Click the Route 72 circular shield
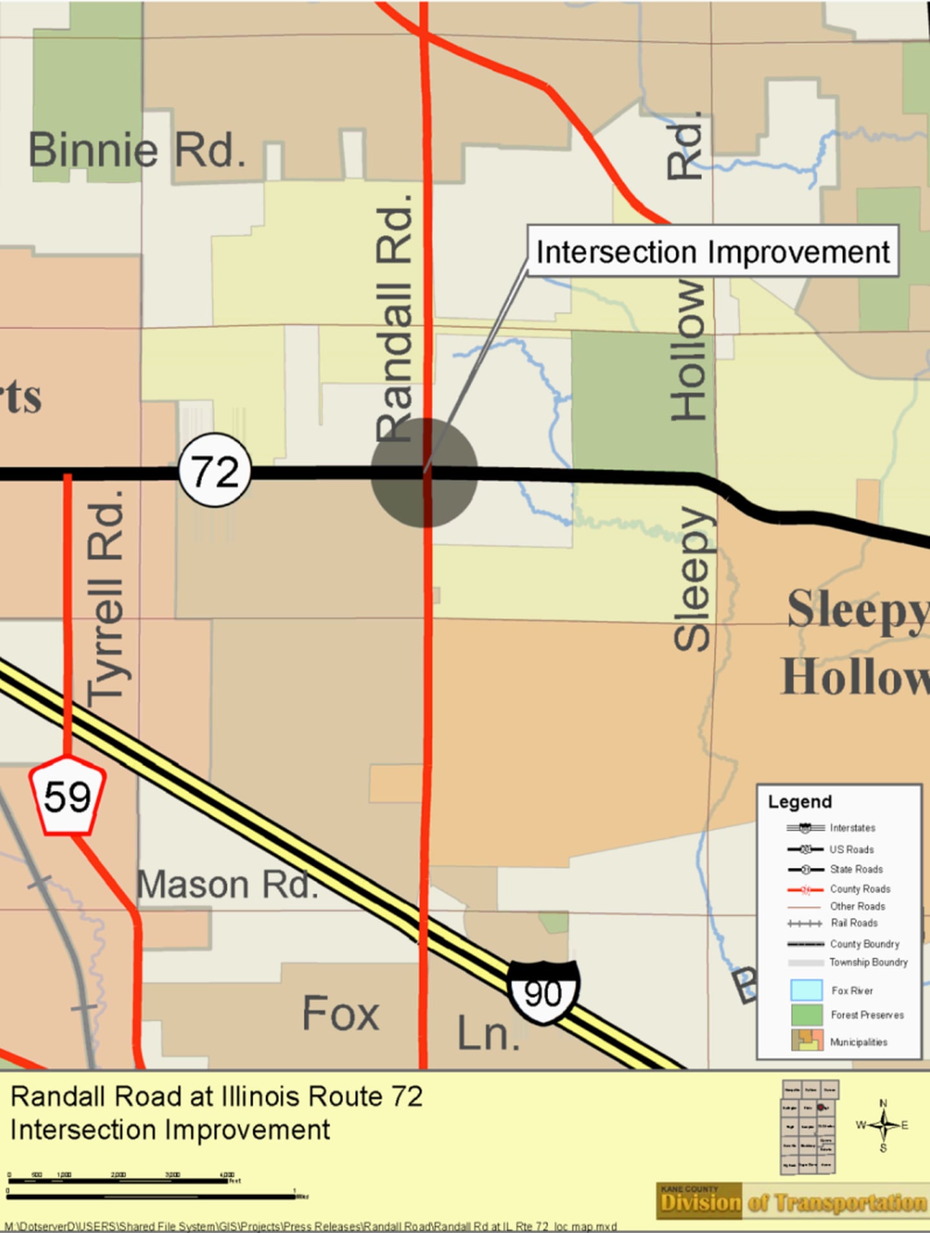tap(214, 470)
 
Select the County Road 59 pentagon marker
tap(67, 796)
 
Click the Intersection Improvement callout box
tap(713, 251)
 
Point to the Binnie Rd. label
tap(137, 150)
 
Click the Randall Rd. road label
tap(394, 318)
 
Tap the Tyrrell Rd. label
tap(105, 597)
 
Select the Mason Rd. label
tap(227, 884)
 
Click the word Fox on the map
tap(340, 1013)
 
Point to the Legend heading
tap(800, 802)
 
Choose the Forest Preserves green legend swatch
tap(807, 1015)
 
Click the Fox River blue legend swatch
tap(807, 990)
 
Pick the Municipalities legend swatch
tap(807, 1040)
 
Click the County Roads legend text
tap(860, 889)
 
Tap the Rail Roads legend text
tap(854, 923)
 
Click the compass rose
tap(883, 1125)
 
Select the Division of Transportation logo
tap(792, 1201)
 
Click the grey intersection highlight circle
tap(424, 473)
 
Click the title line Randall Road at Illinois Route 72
tap(217, 1097)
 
